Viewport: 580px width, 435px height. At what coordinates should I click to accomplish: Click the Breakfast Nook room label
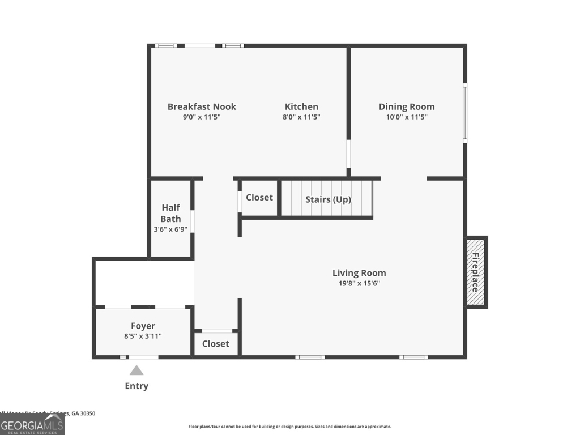[202, 106]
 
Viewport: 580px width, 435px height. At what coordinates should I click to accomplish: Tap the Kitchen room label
[301, 106]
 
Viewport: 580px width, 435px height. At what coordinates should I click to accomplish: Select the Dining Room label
[407, 106]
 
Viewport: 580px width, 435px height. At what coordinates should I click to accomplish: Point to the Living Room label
[359, 273]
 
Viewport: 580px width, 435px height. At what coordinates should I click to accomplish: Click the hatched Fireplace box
[476, 272]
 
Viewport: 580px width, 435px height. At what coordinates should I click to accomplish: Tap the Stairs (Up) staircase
[327, 199]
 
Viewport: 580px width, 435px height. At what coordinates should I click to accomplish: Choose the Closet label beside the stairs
[259, 198]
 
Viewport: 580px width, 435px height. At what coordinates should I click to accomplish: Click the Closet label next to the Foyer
[216, 344]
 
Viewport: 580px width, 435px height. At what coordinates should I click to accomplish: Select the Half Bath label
[170, 213]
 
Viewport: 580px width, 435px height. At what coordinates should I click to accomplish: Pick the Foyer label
[143, 326]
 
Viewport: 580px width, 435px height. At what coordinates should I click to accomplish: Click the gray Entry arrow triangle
[137, 371]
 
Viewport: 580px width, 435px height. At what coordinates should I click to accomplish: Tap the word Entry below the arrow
[137, 386]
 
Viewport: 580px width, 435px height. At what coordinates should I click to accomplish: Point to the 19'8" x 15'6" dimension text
[359, 283]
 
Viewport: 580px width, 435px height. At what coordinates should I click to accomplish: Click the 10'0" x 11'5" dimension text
[407, 117]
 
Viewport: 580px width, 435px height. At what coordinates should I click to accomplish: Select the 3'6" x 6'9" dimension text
[170, 229]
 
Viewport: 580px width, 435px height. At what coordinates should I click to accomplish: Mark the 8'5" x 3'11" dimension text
[143, 336]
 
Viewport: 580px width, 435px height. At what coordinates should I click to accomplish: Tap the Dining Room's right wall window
[464, 113]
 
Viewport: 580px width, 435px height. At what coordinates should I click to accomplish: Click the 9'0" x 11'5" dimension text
[202, 117]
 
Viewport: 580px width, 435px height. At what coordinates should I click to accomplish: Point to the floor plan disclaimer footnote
[289, 427]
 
